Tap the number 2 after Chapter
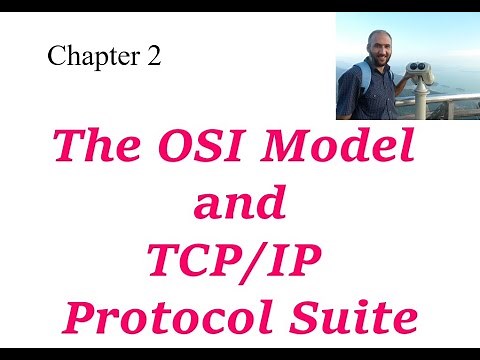click(153, 57)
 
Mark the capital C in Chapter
click(55, 57)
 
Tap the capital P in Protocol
click(82, 319)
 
